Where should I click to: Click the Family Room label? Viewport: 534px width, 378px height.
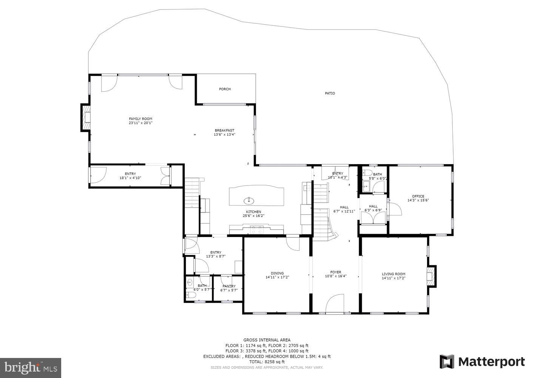pyautogui.click(x=140, y=119)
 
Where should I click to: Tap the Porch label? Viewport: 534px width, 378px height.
pyautogui.click(x=225, y=89)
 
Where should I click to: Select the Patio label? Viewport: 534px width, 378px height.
pyautogui.click(x=330, y=93)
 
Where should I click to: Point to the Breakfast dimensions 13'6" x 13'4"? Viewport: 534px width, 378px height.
pyautogui.click(x=224, y=135)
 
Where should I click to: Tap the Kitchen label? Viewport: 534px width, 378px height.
pyautogui.click(x=253, y=212)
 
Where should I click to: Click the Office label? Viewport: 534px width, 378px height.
pyautogui.click(x=418, y=196)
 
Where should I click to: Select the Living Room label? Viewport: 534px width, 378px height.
pyautogui.click(x=393, y=274)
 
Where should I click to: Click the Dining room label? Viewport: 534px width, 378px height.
pyautogui.click(x=277, y=273)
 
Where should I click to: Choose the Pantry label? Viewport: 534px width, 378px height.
pyautogui.click(x=229, y=286)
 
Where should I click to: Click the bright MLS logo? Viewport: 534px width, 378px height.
pyautogui.click(x=31, y=367)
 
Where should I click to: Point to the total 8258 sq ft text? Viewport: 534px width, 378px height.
pyautogui.click(x=267, y=362)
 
